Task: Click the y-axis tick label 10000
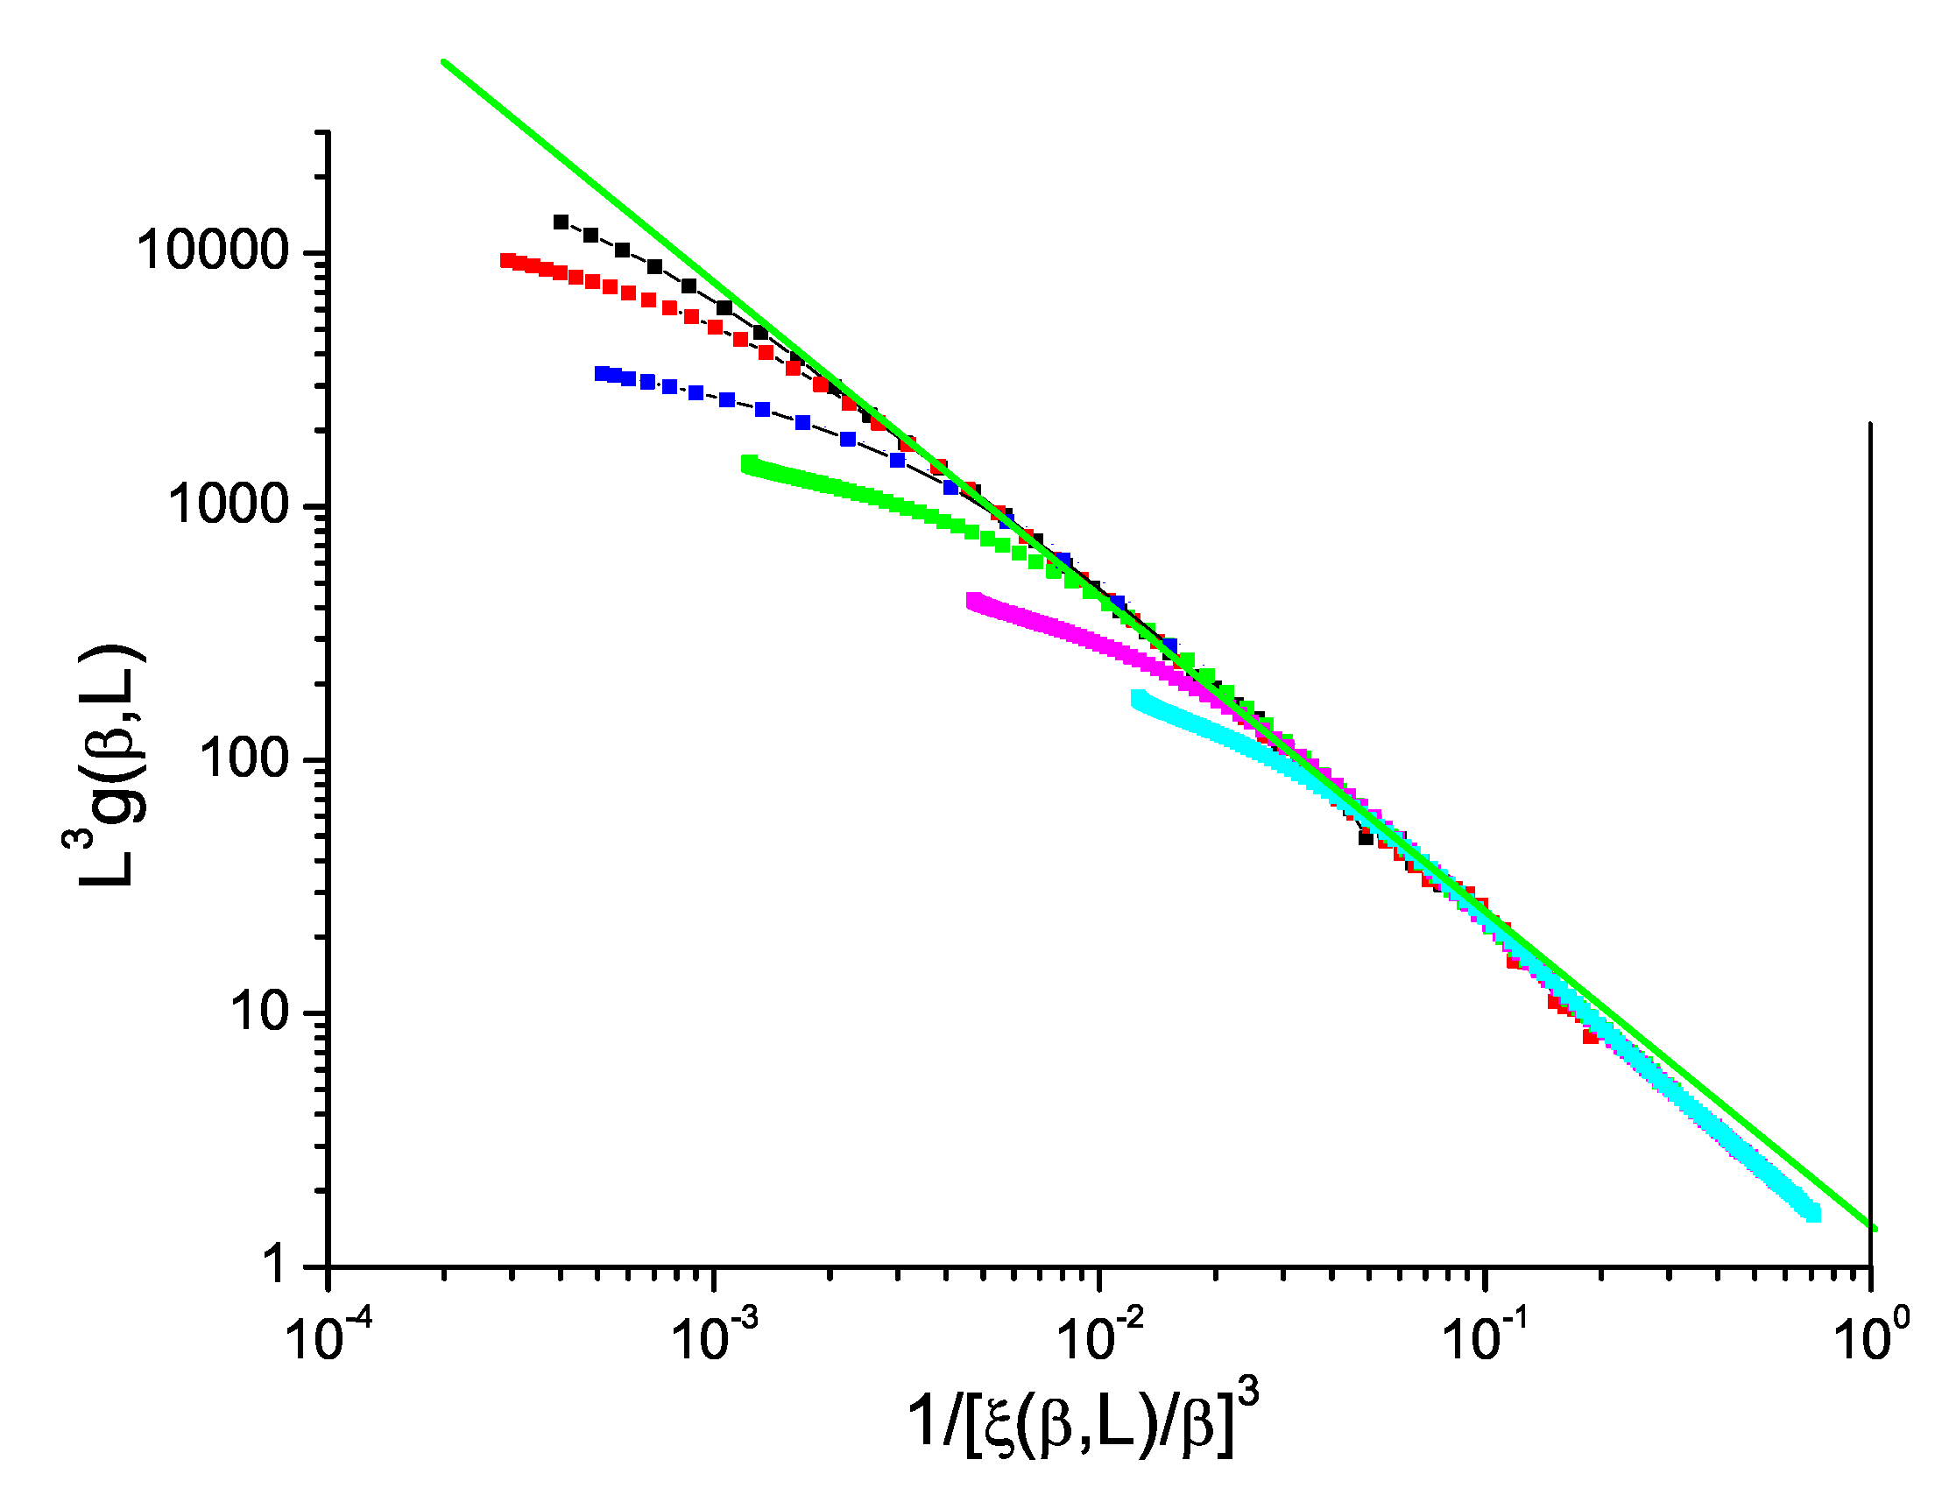pyautogui.click(x=213, y=251)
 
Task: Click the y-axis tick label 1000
pyautogui.click(x=229, y=504)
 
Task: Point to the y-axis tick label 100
pyautogui.click(x=244, y=758)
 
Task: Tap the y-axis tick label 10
pyautogui.click(x=261, y=1012)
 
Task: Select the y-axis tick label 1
pyautogui.click(x=277, y=1265)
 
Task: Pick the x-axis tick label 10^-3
pyautogui.click(x=714, y=1337)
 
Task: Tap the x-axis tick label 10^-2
pyautogui.click(x=1100, y=1337)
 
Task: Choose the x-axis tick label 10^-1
pyautogui.click(x=1486, y=1337)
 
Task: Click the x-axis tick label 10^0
pyautogui.click(x=1873, y=1337)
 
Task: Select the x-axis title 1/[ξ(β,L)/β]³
pyautogui.click(x=1082, y=1421)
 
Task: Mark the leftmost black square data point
pyautogui.click(x=561, y=222)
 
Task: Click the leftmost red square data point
pyautogui.click(x=507, y=260)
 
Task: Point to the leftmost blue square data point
pyautogui.click(x=602, y=373)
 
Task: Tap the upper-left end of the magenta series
pyautogui.click(x=972, y=601)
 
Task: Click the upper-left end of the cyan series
pyautogui.click(x=1138, y=698)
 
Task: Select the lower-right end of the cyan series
pyautogui.click(x=1813, y=1215)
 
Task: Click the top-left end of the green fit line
pyautogui.click(x=443, y=61)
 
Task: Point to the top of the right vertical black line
pyautogui.click(x=1871, y=424)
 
